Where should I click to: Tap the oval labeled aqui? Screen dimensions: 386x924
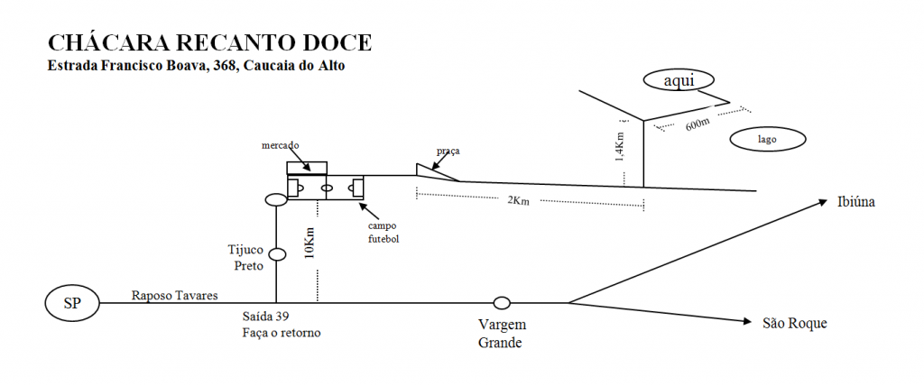point(678,80)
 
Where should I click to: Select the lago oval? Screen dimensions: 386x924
point(767,140)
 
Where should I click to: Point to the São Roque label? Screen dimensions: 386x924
point(794,323)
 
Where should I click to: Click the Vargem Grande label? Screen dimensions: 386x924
point(503,333)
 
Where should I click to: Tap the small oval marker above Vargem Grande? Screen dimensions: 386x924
point(502,302)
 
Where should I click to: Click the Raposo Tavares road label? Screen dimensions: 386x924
point(175,295)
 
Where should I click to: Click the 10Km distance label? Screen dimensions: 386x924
point(310,243)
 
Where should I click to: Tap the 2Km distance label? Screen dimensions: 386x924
point(519,200)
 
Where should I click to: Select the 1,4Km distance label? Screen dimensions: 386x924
point(619,143)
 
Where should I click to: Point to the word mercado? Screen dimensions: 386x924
point(281,145)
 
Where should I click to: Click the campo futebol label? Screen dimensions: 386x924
point(383,233)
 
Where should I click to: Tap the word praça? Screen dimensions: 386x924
point(448,151)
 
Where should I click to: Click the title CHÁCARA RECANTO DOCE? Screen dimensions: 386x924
point(209,43)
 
